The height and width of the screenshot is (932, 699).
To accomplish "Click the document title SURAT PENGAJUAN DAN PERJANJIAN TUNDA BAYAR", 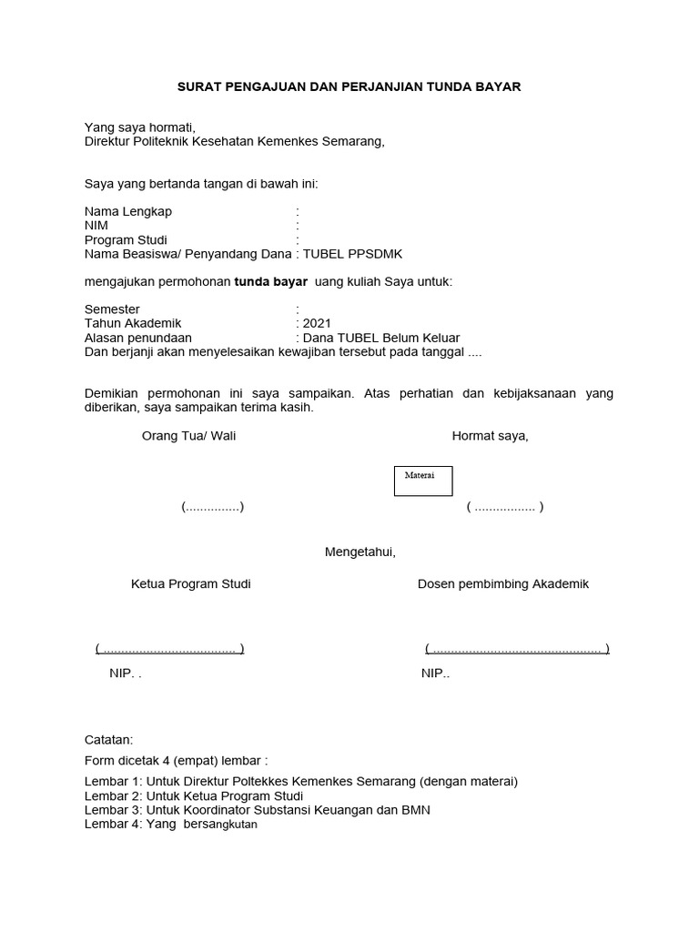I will (x=349, y=86).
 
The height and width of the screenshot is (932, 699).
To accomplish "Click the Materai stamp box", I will (x=422, y=481).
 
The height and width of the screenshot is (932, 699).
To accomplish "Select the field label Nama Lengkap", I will (x=128, y=211).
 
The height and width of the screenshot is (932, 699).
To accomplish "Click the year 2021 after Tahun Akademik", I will (x=318, y=323).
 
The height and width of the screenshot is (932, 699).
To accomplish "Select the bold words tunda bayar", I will (x=271, y=282).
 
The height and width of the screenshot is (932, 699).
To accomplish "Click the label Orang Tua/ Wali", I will (x=188, y=436).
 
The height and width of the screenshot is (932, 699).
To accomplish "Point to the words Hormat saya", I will (x=490, y=436).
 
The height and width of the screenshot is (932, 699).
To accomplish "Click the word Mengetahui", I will (x=360, y=552).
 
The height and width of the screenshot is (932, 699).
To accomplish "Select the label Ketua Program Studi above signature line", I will (x=190, y=583).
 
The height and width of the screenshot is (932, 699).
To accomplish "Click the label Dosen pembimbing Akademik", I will (x=502, y=583).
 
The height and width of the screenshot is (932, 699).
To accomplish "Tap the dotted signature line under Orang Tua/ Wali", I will (x=212, y=507).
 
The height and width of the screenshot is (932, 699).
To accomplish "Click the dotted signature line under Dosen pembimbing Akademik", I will (x=516, y=649).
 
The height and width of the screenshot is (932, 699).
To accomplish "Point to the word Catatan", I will (x=108, y=739).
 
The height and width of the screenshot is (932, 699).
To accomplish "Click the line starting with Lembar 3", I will (x=257, y=809).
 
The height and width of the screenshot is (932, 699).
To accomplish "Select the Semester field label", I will (x=112, y=309).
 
